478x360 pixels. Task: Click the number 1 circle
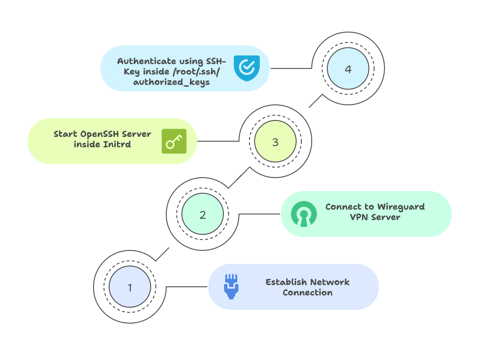click(x=130, y=287)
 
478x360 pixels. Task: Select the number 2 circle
click(x=203, y=214)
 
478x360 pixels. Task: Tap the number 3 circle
click(x=275, y=142)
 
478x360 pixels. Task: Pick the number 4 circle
click(x=348, y=69)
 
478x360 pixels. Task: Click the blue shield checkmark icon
click(x=247, y=68)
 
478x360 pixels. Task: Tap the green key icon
click(x=174, y=141)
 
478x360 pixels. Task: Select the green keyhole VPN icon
click(x=304, y=214)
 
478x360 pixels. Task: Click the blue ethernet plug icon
click(x=231, y=287)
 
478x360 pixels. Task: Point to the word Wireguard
click(x=401, y=207)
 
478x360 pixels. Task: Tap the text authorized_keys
click(x=171, y=82)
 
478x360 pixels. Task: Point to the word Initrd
click(x=117, y=144)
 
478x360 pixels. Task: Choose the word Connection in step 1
click(x=307, y=292)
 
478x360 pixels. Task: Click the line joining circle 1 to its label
click(x=187, y=287)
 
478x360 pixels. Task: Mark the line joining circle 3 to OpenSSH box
click(x=219, y=141)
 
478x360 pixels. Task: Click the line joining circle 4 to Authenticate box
click(x=291, y=68)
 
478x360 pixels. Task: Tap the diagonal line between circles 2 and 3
click(x=239, y=178)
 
